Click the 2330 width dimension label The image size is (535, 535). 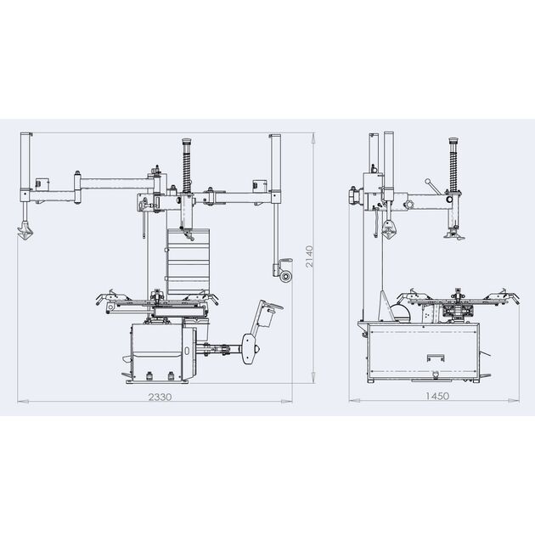tap(160, 397)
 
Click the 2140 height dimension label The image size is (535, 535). tap(309, 256)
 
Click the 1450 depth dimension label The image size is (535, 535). tap(437, 396)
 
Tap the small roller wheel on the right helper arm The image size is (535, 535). tap(285, 276)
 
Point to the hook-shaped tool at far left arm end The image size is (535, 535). tap(25, 230)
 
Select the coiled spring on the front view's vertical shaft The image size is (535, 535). tap(187, 168)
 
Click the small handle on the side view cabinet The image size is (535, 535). tap(436, 358)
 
